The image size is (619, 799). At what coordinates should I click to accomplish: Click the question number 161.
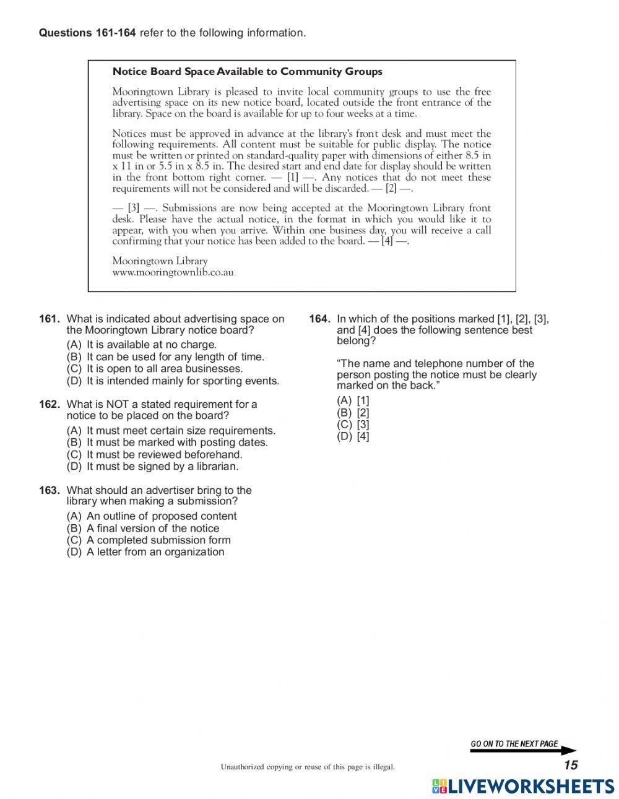point(49,319)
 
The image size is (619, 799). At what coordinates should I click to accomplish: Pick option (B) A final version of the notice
point(143,529)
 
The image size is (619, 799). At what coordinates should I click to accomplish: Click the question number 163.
point(49,490)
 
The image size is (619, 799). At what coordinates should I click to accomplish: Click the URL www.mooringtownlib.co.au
point(173,272)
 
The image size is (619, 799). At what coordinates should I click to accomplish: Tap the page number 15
point(570,766)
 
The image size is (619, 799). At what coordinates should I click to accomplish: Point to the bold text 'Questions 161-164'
point(87,33)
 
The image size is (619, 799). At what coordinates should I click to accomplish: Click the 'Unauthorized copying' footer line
point(308,767)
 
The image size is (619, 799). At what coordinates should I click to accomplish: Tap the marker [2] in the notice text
point(391,189)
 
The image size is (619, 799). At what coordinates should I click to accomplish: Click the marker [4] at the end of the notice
point(387,241)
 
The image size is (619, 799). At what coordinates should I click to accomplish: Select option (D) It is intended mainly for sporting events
point(173,381)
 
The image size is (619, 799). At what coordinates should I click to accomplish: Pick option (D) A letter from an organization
point(145,552)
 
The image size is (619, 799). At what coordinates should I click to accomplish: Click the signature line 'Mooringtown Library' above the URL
point(160,261)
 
